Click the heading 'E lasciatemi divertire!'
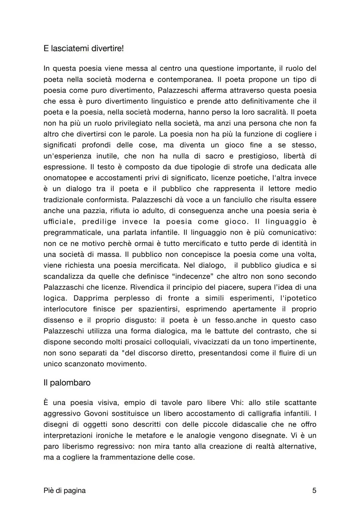(83, 49)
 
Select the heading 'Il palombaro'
(67, 383)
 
